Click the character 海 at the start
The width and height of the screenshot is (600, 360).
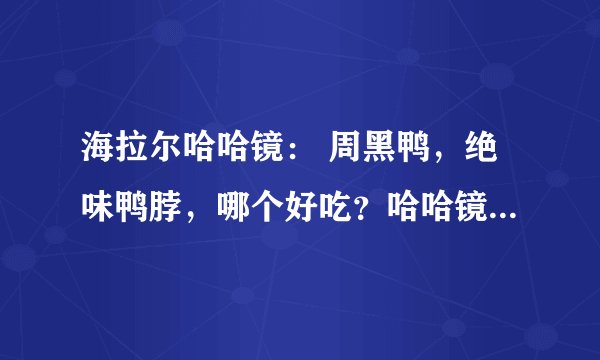coord(96,159)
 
